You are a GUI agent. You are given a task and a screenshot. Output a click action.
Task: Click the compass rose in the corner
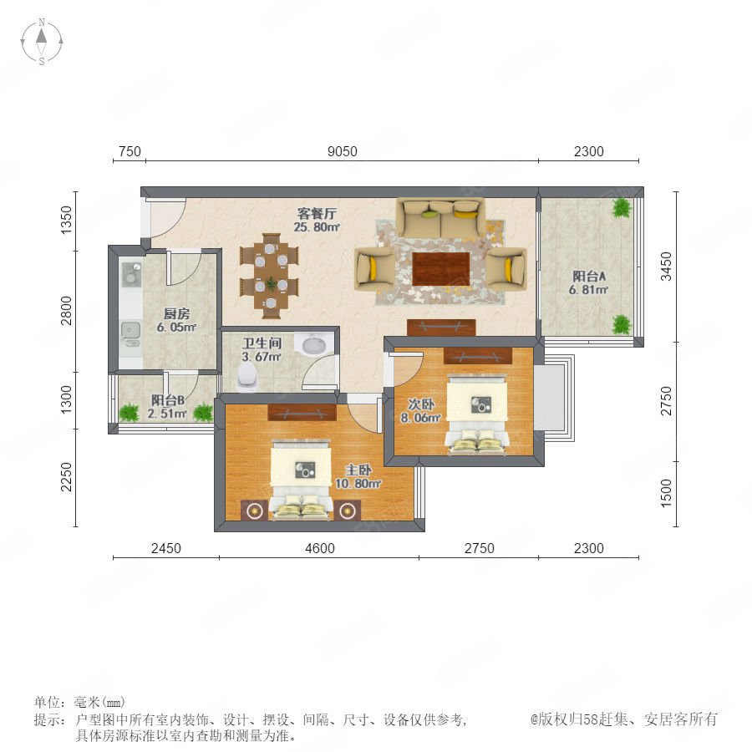pos(42,41)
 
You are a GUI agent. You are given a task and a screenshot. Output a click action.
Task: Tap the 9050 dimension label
pos(342,151)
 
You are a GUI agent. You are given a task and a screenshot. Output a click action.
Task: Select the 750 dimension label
pos(130,151)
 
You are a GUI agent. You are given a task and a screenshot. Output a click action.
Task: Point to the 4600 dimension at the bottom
pos(320,548)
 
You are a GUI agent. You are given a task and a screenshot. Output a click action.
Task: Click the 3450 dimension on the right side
pos(666,267)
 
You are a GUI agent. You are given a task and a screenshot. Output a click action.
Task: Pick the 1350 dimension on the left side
pos(66,220)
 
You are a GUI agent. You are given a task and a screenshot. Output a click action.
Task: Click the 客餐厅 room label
pos(317,213)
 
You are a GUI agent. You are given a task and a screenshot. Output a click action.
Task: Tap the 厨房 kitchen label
pos(176,313)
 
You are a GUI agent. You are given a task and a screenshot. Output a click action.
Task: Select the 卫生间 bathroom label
pos(262,343)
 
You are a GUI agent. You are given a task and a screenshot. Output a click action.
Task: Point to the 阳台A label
pos(589,277)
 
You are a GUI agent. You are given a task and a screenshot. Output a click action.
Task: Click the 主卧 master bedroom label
pos(358,470)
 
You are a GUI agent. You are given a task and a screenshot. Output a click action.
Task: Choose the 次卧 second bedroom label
pos(421,404)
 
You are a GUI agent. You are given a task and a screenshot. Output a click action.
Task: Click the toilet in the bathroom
pos(247,376)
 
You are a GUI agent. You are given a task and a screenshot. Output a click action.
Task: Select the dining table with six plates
pos(270,276)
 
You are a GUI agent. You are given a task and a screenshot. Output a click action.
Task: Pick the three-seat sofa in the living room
pos(440,217)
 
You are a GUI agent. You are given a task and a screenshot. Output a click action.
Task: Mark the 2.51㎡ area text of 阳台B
pos(166,414)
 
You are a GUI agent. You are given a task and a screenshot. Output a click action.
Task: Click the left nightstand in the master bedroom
pos(254,511)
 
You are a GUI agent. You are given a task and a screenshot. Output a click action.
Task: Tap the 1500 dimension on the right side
pos(666,493)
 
